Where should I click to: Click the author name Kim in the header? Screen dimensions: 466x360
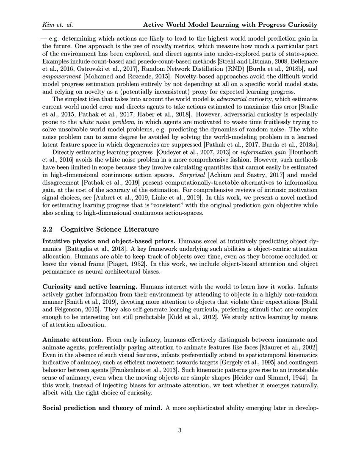(48, 25)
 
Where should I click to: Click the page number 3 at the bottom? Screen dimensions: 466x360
(180, 431)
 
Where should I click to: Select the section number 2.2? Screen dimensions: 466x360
(49, 229)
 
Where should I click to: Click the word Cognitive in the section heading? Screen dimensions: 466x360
(78, 229)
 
